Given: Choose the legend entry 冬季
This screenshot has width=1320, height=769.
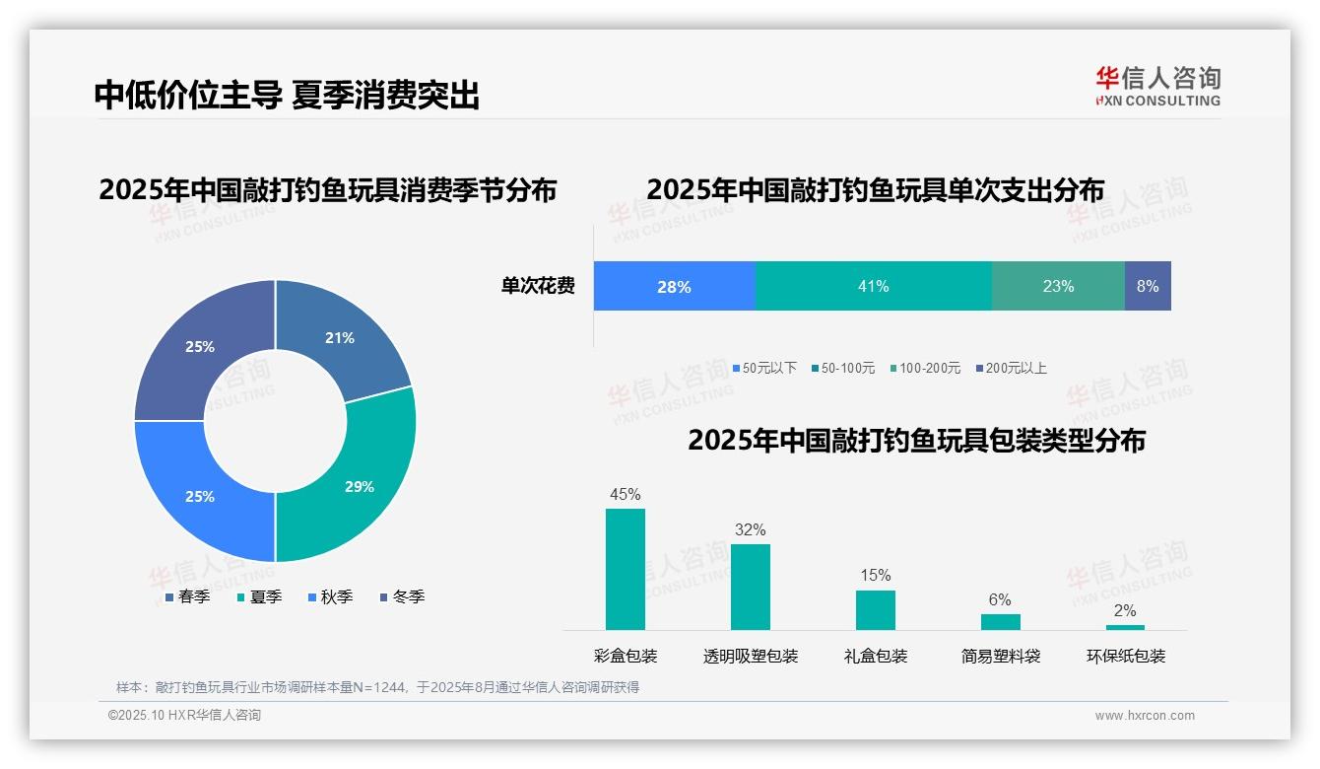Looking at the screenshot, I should click(x=402, y=596).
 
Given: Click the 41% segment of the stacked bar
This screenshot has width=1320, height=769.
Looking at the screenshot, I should click(x=873, y=286).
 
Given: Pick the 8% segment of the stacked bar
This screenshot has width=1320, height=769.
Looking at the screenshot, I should click(x=1148, y=286).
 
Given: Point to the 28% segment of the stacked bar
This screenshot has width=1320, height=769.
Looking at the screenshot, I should click(x=674, y=286).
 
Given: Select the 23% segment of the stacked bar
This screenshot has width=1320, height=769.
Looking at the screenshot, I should click(x=1058, y=286).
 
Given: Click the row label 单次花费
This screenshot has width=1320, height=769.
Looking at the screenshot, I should click(x=538, y=286).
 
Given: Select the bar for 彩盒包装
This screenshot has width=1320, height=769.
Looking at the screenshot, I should click(x=625, y=569).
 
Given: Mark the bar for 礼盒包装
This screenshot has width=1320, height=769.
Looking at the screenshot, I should click(x=875, y=609).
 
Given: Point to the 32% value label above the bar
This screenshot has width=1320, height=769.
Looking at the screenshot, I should click(x=750, y=529).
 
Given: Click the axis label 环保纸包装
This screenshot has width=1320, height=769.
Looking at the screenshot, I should click(x=1125, y=656).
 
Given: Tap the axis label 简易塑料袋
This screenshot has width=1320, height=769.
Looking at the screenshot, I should click(x=1000, y=656).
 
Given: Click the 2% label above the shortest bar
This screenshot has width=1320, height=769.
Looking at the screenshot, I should click(x=1125, y=610).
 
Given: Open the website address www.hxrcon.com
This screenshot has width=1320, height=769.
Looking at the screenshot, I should click(x=1144, y=715).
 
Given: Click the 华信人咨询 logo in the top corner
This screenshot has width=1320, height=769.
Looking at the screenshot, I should click(x=1157, y=86).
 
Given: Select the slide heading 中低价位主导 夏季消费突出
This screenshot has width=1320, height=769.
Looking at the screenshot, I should click(x=287, y=95).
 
